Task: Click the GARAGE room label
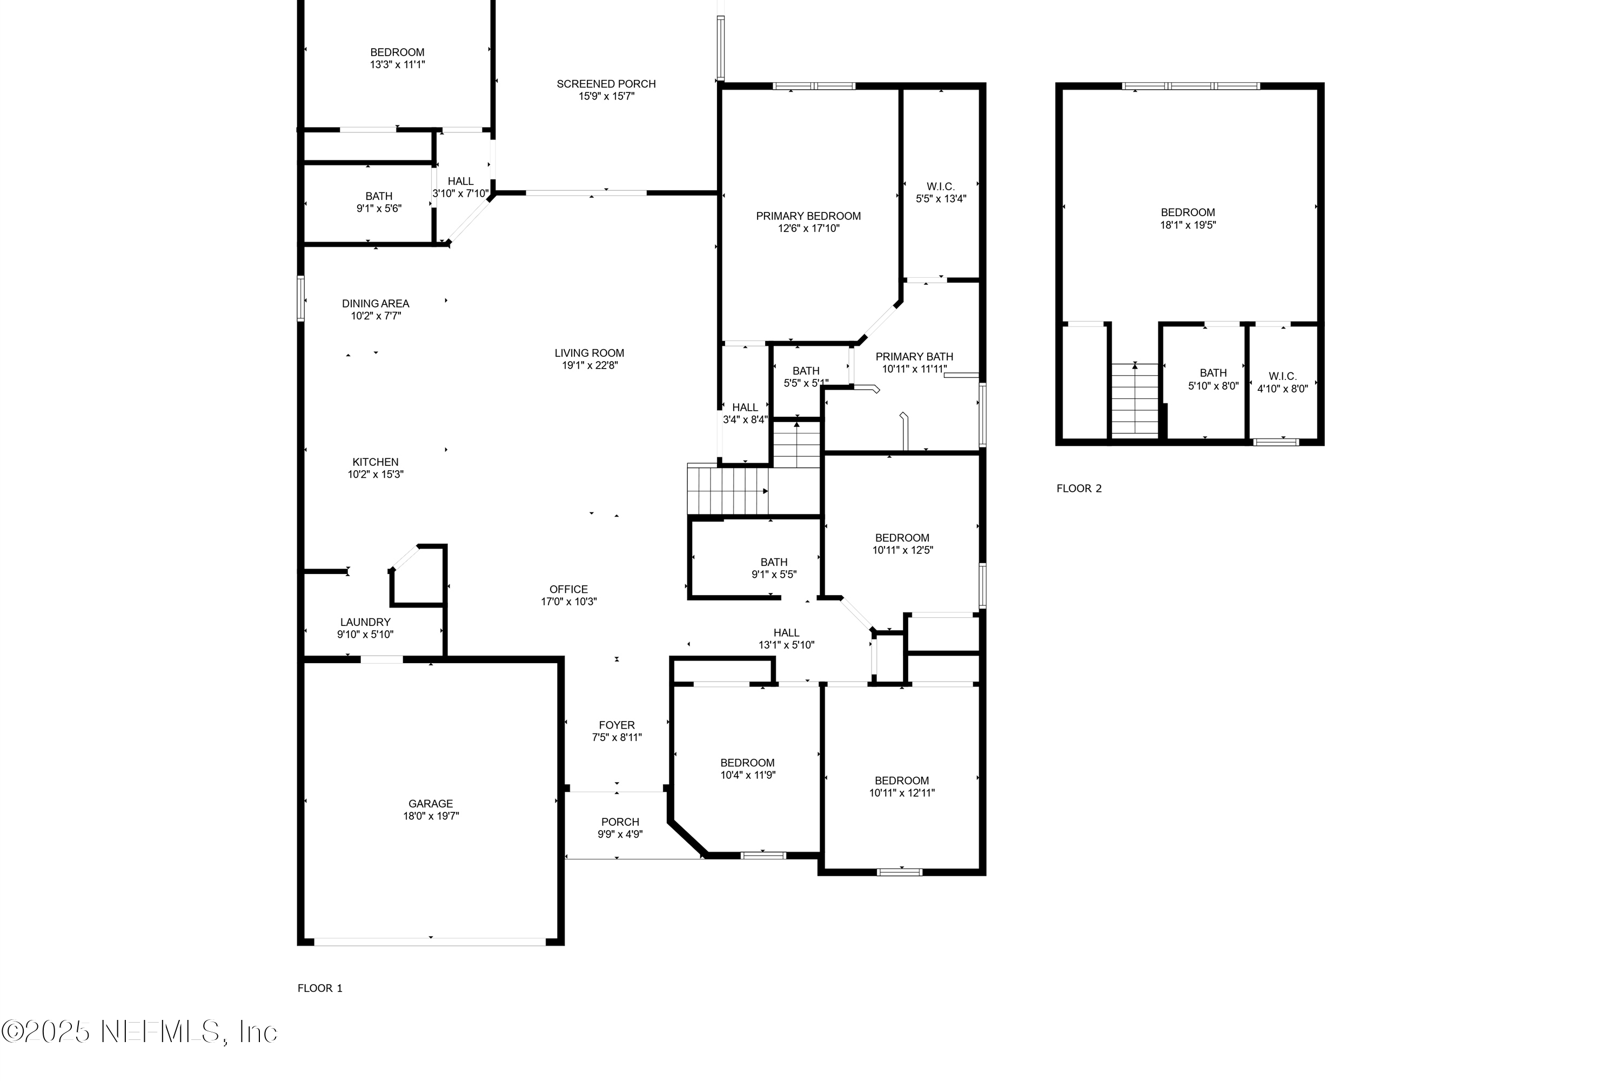[430, 803]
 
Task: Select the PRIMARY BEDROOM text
[808, 216]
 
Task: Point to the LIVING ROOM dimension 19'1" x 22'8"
[590, 365]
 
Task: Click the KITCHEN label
[375, 462]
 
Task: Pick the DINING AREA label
[375, 303]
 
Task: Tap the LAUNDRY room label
[365, 622]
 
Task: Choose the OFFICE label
[568, 590]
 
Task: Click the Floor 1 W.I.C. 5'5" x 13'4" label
[940, 192]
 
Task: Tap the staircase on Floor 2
[1134, 400]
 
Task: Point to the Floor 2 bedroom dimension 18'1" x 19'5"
[1188, 225]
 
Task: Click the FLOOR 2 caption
[1079, 489]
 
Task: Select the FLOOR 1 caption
[320, 988]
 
